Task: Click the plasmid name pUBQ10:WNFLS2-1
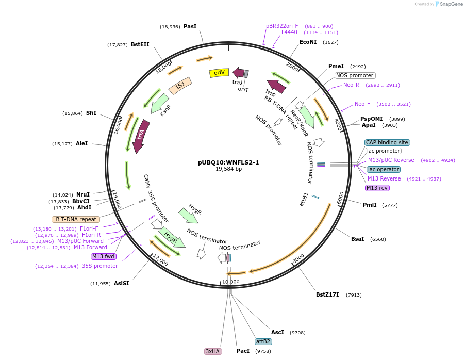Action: click(228, 162)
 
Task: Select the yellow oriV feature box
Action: click(219, 73)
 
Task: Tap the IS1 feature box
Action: click(180, 86)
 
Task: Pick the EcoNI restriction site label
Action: click(308, 42)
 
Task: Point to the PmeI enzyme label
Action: click(336, 66)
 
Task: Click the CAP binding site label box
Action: click(387, 142)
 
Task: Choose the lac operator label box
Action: click(384, 169)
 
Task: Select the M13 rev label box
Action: click(377, 188)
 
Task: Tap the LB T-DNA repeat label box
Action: click(75, 219)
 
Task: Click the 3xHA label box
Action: click(213, 351)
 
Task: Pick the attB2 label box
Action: click(263, 341)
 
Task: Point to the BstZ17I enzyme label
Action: click(327, 295)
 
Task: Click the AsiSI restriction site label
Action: click(122, 283)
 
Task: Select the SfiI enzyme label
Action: click(91, 113)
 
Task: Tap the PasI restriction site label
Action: click(190, 26)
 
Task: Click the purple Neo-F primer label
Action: click(362, 104)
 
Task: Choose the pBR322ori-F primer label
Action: click(282, 26)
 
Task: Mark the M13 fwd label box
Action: click(104, 256)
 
